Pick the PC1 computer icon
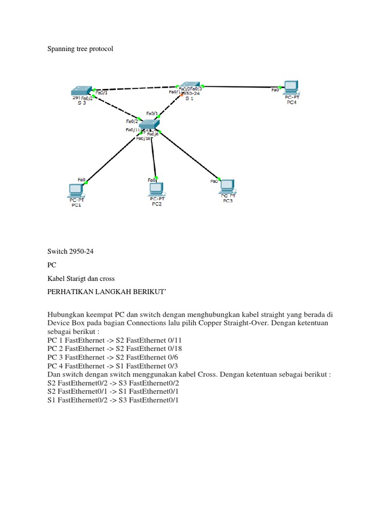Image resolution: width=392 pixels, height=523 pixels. point(76,191)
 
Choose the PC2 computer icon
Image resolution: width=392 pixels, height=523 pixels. point(156,189)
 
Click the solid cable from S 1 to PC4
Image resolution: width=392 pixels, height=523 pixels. point(240,87)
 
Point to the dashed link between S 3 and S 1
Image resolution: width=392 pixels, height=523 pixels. point(135,88)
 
